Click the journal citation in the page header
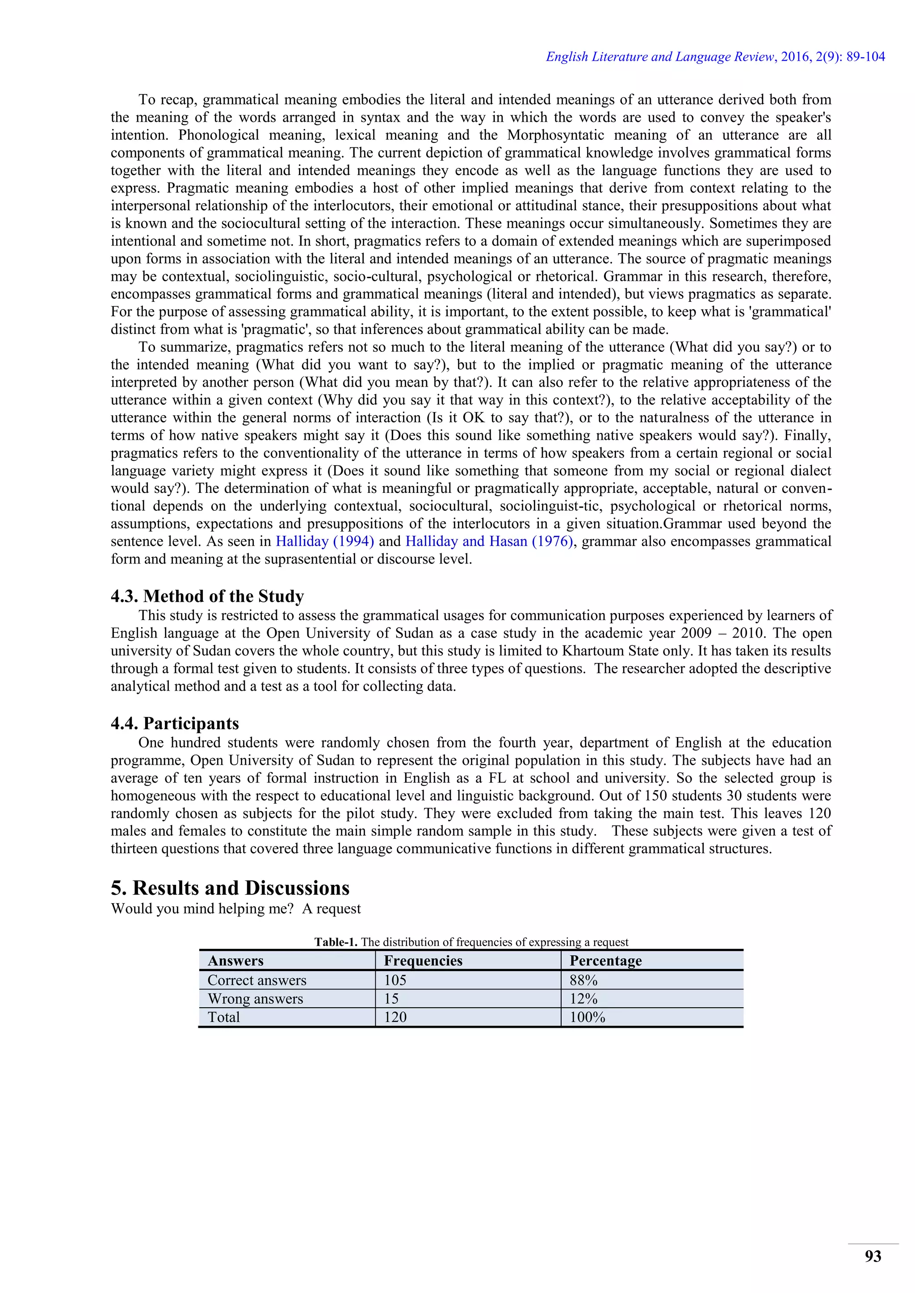pos(715,57)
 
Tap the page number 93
pos(873,1256)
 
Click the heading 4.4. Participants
pos(175,723)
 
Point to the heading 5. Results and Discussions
pos(230,888)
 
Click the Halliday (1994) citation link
pos(324,541)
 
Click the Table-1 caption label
pos(336,942)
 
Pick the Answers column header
pos(235,961)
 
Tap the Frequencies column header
pos(423,961)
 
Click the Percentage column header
pos(606,961)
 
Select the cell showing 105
pos(395,980)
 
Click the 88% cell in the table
pos(583,980)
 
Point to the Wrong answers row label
pos(255,999)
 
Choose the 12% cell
pos(583,999)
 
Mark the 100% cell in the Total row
pos(587,1018)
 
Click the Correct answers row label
pos(257,980)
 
